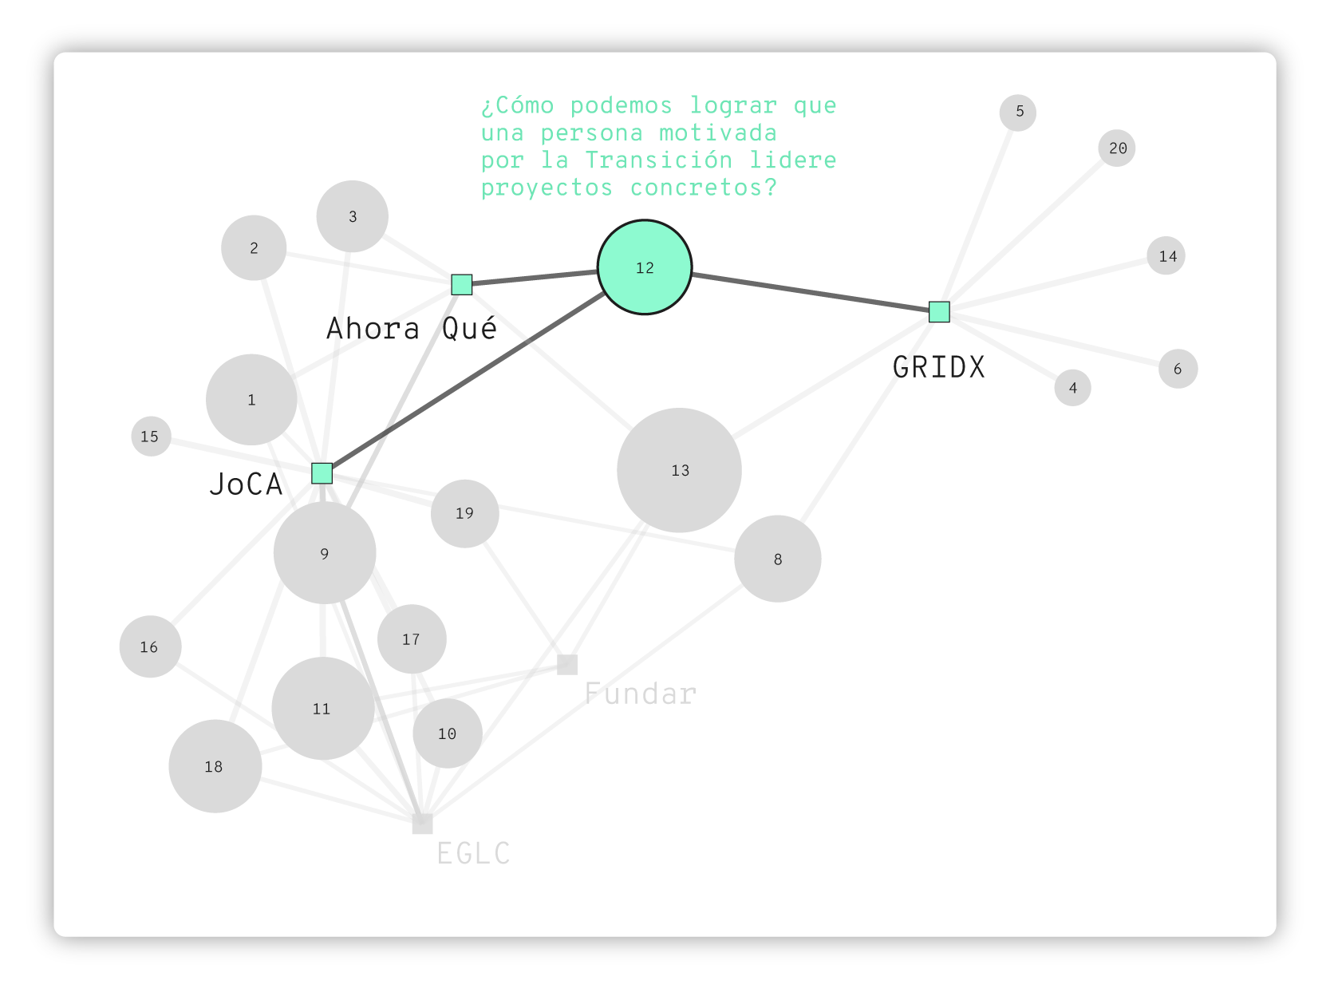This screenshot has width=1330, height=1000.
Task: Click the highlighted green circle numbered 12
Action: coord(644,267)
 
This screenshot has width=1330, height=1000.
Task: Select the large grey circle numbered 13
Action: coord(679,470)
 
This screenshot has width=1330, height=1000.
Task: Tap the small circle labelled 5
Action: coord(1017,113)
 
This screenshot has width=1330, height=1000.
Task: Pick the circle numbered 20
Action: coord(1117,148)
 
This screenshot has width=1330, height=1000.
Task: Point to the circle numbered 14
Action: coord(1166,255)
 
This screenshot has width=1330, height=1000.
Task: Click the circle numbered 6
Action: coord(1178,369)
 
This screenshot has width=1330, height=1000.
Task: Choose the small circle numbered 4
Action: coord(1072,388)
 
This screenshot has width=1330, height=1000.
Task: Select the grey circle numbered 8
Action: coord(777,559)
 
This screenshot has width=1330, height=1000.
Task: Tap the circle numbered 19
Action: coord(465,514)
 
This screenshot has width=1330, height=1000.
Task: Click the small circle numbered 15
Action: coord(151,437)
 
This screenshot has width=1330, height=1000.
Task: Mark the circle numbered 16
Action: coord(150,646)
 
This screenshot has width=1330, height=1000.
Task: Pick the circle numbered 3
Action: coord(352,216)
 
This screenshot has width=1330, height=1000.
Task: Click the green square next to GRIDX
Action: coord(939,312)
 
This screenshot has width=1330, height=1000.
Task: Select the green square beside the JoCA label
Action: coord(322,473)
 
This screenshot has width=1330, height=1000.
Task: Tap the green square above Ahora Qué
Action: coord(462,285)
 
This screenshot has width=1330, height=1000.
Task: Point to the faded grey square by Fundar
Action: coord(567,665)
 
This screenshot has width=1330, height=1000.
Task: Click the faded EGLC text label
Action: coord(473,853)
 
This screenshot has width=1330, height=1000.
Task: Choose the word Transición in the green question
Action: coord(659,160)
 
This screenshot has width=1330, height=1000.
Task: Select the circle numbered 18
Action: coord(215,766)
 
